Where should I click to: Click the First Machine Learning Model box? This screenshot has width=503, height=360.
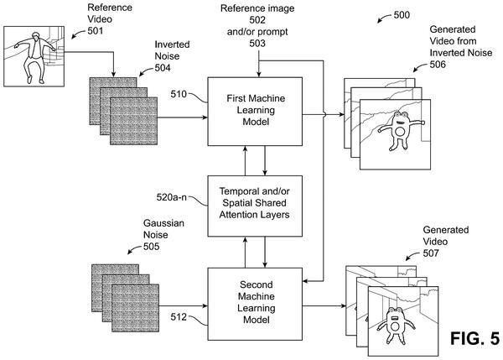coord(255,112)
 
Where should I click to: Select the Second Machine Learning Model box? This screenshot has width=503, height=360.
coord(255,304)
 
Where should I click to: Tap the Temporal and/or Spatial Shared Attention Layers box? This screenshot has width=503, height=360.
coord(255,206)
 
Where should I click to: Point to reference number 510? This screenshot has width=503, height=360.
coord(179,94)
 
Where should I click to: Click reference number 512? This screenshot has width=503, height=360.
coord(179,317)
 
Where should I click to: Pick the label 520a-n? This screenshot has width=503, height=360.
coord(171,197)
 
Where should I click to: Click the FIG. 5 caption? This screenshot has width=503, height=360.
coord(474,338)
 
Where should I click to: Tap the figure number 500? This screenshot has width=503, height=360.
coord(402,15)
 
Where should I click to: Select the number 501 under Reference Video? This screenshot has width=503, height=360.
coord(96,31)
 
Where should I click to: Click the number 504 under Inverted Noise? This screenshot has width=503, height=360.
coord(163,68)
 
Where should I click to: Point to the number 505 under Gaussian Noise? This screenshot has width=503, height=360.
coord(152,247)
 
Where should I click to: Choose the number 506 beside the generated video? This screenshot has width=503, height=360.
coord(438,65)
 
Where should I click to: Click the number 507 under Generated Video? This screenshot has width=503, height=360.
coord(431,253)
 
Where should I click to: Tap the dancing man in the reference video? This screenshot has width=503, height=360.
coord(34,57)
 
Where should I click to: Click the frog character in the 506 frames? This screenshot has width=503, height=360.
coord(401,130)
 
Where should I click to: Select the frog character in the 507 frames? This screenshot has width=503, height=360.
coord(396,326)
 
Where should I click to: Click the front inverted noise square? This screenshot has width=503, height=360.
coord(134,121)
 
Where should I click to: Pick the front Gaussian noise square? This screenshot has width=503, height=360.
coord(135,308)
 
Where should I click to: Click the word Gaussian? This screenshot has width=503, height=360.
coord(163,223)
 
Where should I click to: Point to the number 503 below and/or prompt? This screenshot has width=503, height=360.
coord(257,43)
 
